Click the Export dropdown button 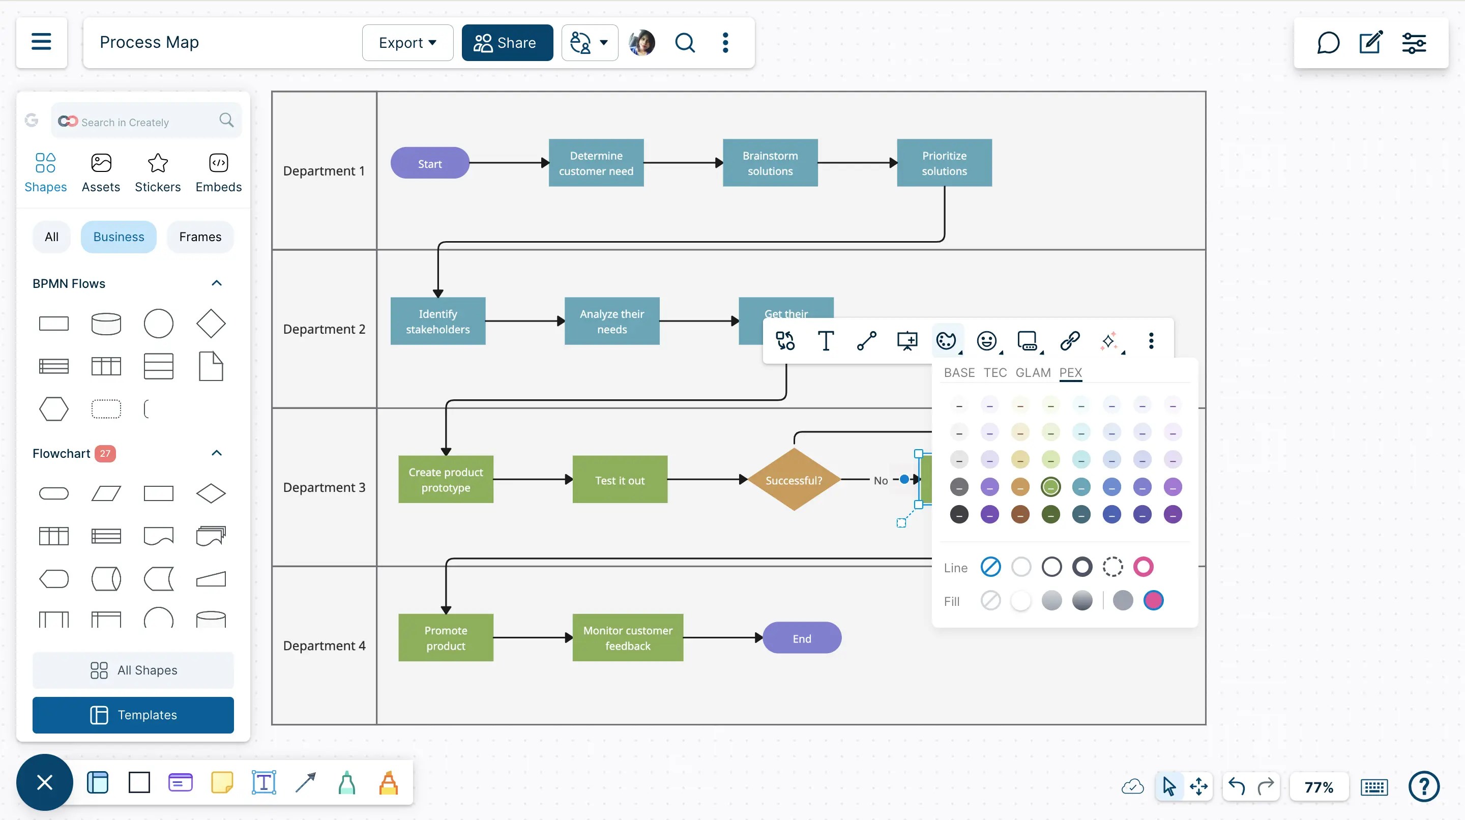point(407,43)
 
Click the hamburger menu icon point(41,42)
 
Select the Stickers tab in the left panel point(158,172)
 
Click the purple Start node point(429,163)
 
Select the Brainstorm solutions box point(770,163)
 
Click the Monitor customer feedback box point(627,637)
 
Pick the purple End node point(801,638)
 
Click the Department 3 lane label point(324,487)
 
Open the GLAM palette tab point(1033,372)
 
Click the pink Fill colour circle point(1153,600)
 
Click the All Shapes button point(133,670)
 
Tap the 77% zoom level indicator point(1318,787)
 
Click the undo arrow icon point(1237,786)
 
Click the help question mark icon point(1423,786)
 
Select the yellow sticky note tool point(222,782)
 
